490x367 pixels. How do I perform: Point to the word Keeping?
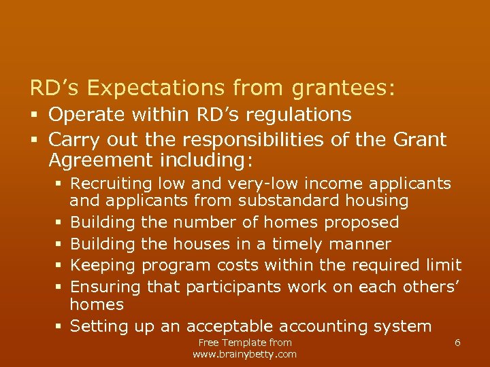click(x=101, y=265)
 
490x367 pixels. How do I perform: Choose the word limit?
click(x=444, y=265)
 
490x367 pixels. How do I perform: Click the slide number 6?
click(x=457, y=343)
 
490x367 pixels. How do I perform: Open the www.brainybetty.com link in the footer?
click(x=245, y=354)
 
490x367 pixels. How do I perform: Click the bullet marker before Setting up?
click(x=59, y=327)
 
